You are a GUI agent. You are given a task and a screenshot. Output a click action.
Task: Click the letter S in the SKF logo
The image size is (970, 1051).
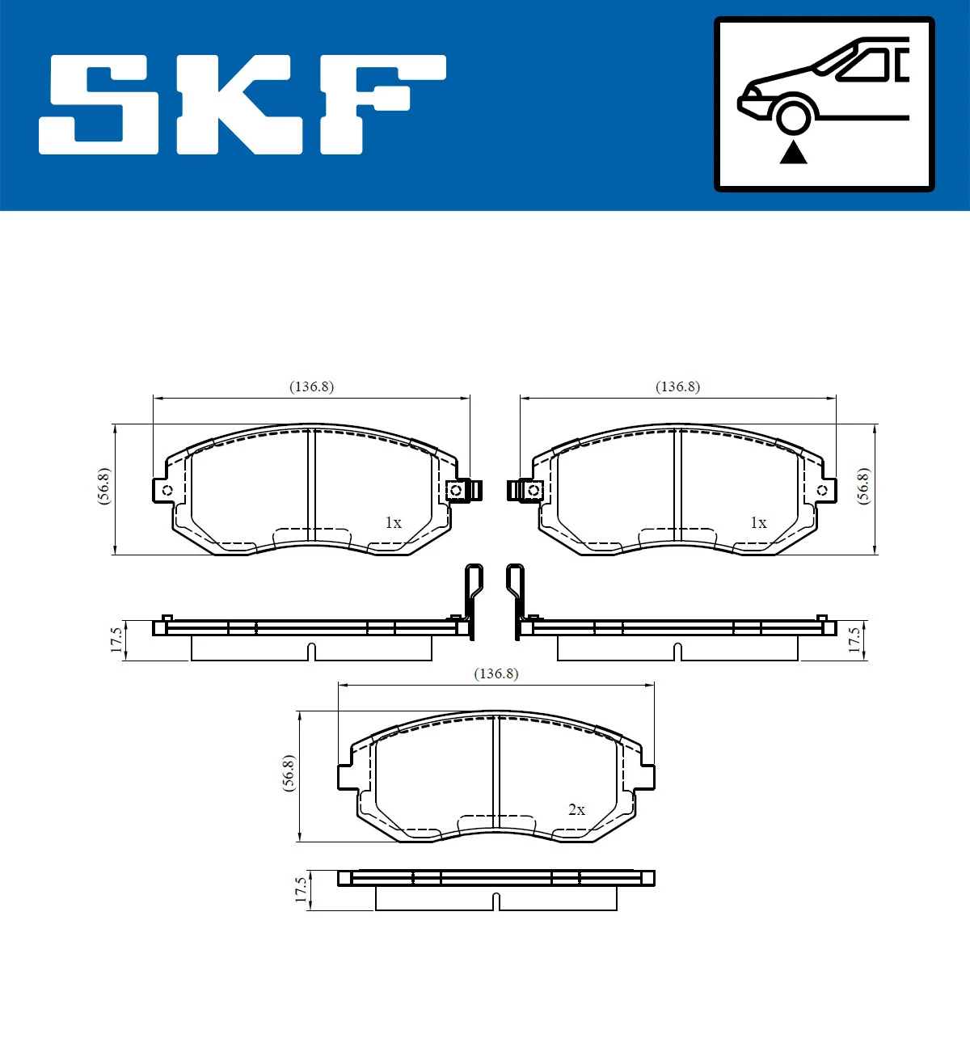[x=99, y=105]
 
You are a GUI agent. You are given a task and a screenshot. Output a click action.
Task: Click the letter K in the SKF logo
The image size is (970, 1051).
[x=240, y=105]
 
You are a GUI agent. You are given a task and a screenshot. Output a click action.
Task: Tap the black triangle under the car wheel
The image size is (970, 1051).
[x=794, y=152]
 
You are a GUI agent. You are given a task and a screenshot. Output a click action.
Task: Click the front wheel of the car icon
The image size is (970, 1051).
[x=794, y=115]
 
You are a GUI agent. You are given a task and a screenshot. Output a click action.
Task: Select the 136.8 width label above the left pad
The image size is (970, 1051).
[x=311, y=386]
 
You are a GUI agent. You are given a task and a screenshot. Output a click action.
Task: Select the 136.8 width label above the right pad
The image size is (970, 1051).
[x=677, y=386]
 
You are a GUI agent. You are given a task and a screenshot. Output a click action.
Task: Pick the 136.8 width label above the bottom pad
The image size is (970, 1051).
[x=496, y=673]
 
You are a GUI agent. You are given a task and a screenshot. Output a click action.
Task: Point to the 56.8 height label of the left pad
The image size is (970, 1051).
[x=103, y=487]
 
